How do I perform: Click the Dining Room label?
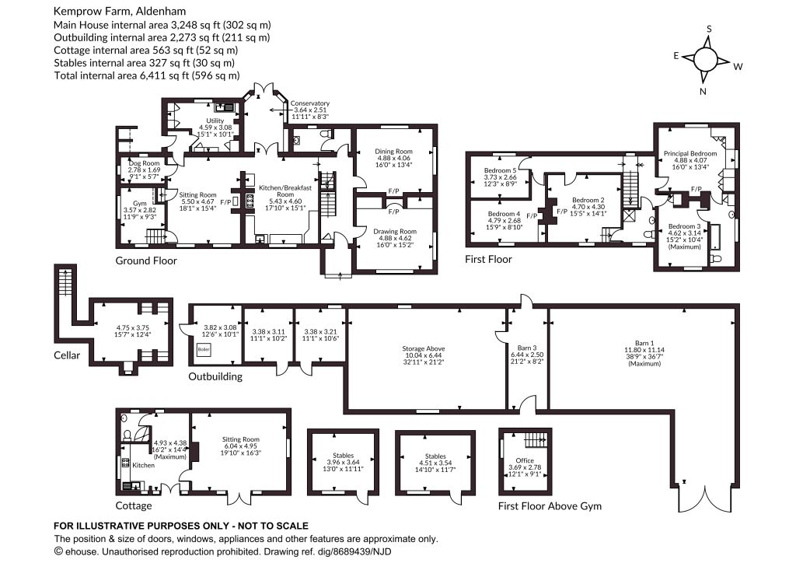(393, 152)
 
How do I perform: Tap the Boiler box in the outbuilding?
(204, 350)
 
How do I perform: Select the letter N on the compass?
(703, 92)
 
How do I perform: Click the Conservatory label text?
(309, 103)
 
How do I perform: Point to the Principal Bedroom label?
(690, 153)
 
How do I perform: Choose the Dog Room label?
(144, 163)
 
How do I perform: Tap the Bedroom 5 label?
(500, 170)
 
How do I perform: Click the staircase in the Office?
(536, 438)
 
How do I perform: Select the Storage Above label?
(424, 349)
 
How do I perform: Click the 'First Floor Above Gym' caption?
(550, 506)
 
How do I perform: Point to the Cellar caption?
(67, 355)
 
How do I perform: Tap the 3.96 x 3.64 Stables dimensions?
(343, 463)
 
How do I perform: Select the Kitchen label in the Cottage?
(143, 465)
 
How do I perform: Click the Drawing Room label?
(395, 232)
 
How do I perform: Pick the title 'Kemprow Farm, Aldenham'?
(120, 11)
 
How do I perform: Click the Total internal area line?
(147, 75)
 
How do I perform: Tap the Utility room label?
(215, 121)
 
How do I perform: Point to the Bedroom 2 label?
(588, 201)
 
